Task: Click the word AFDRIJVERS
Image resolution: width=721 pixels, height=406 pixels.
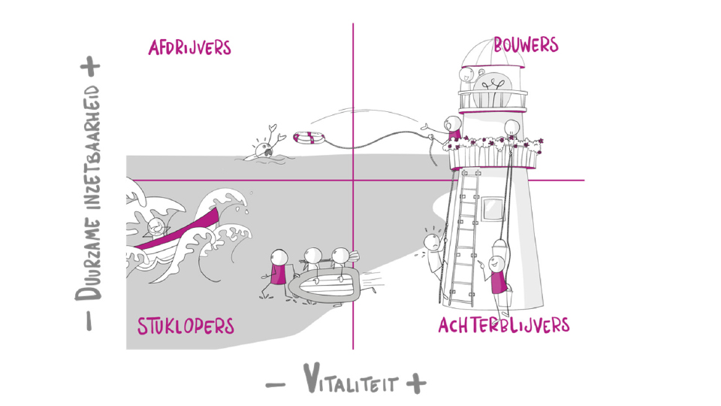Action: click(x=189, y=48)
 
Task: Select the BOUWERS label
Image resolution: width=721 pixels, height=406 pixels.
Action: click(x=526, y=45)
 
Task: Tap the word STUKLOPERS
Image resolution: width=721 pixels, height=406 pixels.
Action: click(x=186, y=326)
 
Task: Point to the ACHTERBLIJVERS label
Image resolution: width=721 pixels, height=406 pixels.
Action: click(x=503, y=326)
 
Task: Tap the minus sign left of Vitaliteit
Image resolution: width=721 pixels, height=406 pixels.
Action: click(x=276, y=383)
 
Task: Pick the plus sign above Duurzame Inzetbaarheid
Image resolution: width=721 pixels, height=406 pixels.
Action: click(x=92, y=66)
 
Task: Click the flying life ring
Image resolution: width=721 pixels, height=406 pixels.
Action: click(x=308, y=138)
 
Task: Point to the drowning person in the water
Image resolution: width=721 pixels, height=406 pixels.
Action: click(x=264, y=147)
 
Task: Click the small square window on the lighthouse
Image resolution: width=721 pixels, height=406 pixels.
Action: click(x=493, y=206)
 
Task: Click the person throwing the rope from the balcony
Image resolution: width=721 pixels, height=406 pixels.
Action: click(x=452, y=129)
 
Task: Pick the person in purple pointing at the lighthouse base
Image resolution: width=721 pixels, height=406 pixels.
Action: click(x=496, y=274)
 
